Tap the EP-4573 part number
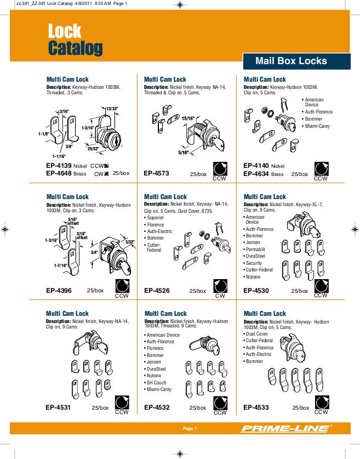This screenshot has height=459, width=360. pyautogui.click(x=156, y=173)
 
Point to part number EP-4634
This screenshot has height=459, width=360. pyautogui.click(x=256, y=173)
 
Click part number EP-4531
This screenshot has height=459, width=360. pyautogui.click(x=59, y=407)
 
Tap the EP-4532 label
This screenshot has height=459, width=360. pyautogui.click(x=156, y=407)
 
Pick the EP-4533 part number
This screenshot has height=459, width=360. pyautogui.click(x=256, y=407)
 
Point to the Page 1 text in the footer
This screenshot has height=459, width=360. pyautogui.click(x=190, y=428)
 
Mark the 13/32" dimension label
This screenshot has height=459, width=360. pyautogui.click(x=112, y=109)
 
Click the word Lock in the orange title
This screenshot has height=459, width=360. pyautogui.click(x=65, y=31)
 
